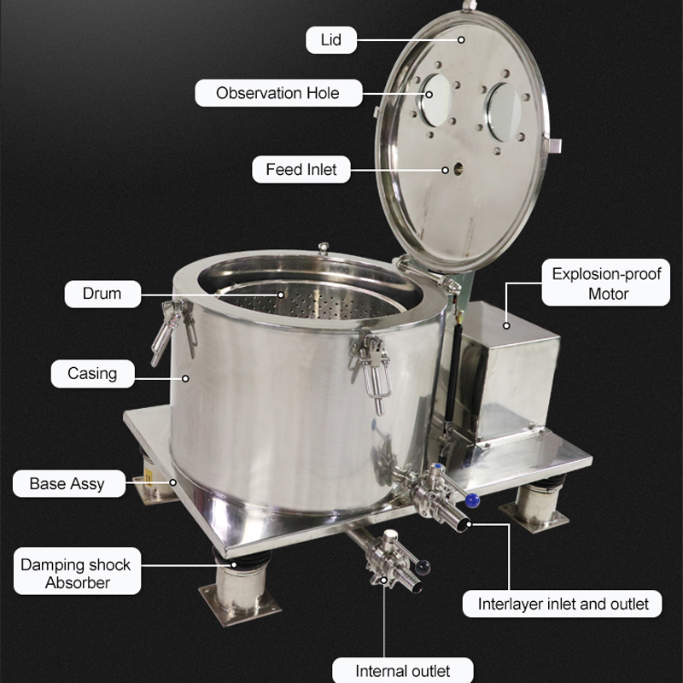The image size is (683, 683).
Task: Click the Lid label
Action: (x=331, y=40)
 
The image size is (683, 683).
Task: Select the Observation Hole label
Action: (x=278, y=93)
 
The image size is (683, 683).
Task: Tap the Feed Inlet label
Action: (x=301, y=169)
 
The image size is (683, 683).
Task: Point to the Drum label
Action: (x=102, y=294)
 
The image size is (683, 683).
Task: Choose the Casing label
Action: (x=92, y=374)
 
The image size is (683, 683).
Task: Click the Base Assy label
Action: (x=69, y=483)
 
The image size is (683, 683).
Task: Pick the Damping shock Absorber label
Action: (x=77, y=571)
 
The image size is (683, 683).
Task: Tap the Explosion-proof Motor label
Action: (x=606, y=283)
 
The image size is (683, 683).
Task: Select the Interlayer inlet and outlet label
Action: (x=563, y=604)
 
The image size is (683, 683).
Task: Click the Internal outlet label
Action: (x=402, y=670)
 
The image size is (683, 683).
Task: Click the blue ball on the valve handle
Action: (x=472, y=500)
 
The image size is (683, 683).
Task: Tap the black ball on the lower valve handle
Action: (x=423, y=567)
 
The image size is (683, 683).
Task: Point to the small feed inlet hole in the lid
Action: (x=458, y=169)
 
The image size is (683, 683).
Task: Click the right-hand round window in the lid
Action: (x=505, y=113)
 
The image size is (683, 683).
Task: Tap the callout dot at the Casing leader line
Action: (x=185, y=378)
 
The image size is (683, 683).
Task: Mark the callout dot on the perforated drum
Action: (x=281, y=295)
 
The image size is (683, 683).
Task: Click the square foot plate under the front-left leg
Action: (x=240, y=606)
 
